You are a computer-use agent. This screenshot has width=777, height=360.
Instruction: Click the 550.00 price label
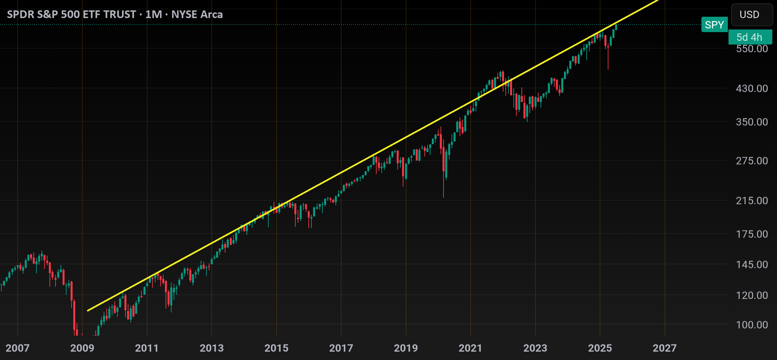coord(752,49)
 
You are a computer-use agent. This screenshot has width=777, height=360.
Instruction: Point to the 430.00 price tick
coord(752,88)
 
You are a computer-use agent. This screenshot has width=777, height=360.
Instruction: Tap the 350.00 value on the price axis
coord(752,122)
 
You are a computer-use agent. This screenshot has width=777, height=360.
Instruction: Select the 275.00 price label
coord(752,161)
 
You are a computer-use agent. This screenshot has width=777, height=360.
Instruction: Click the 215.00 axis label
coord(752,201)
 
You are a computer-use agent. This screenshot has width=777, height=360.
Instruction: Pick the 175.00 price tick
coord(752,234)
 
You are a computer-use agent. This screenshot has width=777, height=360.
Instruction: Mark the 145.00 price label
coord(752,265)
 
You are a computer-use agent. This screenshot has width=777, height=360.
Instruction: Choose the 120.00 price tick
coord(752,295)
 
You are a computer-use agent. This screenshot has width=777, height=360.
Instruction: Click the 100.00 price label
coord(752,325)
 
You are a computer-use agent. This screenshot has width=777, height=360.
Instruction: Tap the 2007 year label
coord(17,348)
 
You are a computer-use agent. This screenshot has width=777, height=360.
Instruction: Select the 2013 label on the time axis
coord(212,348)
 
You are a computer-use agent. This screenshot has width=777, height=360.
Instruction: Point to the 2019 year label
coord(406,348)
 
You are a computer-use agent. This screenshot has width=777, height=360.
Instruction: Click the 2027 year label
coord(665,348)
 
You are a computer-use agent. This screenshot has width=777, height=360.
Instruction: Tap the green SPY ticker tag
coord(714,25)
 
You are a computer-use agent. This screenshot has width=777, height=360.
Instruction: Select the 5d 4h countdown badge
coord(750,37)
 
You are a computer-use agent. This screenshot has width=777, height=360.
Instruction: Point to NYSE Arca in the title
coord(197,15)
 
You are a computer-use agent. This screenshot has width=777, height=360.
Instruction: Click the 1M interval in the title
coord(154,15)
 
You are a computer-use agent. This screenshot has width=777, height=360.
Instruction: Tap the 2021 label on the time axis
coord(470,348)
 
